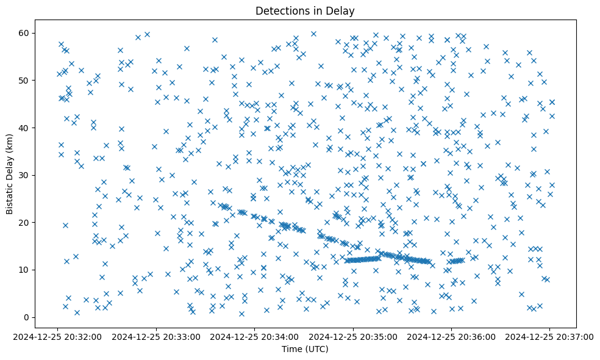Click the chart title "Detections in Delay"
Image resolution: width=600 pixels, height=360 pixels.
[x=305, y=10]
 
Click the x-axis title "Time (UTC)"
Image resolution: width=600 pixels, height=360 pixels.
[x=305, y=349]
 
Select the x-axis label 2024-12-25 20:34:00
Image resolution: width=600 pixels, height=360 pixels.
[x=255, y=336]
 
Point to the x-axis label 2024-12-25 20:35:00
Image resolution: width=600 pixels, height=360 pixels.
[x=353, y=336]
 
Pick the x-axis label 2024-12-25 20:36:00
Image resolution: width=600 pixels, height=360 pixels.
[x=451, y=336]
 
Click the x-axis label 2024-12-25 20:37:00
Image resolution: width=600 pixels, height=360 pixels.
[x=549, y=336]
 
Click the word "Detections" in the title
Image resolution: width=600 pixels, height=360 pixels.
[x=280, y=10]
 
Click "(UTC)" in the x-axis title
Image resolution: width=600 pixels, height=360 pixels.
[x=316, y=349]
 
